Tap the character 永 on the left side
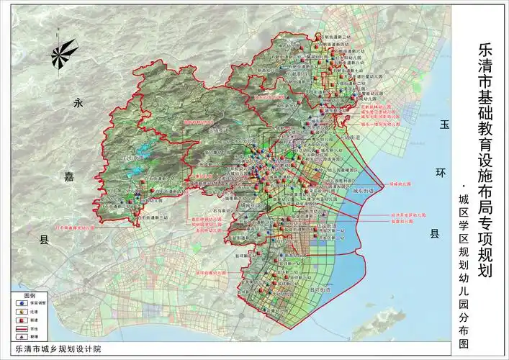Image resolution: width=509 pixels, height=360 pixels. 79,104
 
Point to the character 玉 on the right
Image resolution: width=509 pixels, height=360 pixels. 444,125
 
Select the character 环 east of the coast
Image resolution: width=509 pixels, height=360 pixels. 434,174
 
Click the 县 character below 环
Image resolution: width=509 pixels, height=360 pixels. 434,234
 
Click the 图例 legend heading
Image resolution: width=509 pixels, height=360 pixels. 30,296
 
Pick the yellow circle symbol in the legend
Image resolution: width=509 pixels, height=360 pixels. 20,312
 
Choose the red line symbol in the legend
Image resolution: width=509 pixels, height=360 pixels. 20,328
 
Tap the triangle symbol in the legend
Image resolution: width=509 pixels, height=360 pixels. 20,336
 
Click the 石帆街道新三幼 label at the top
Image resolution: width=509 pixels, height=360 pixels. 336,36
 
